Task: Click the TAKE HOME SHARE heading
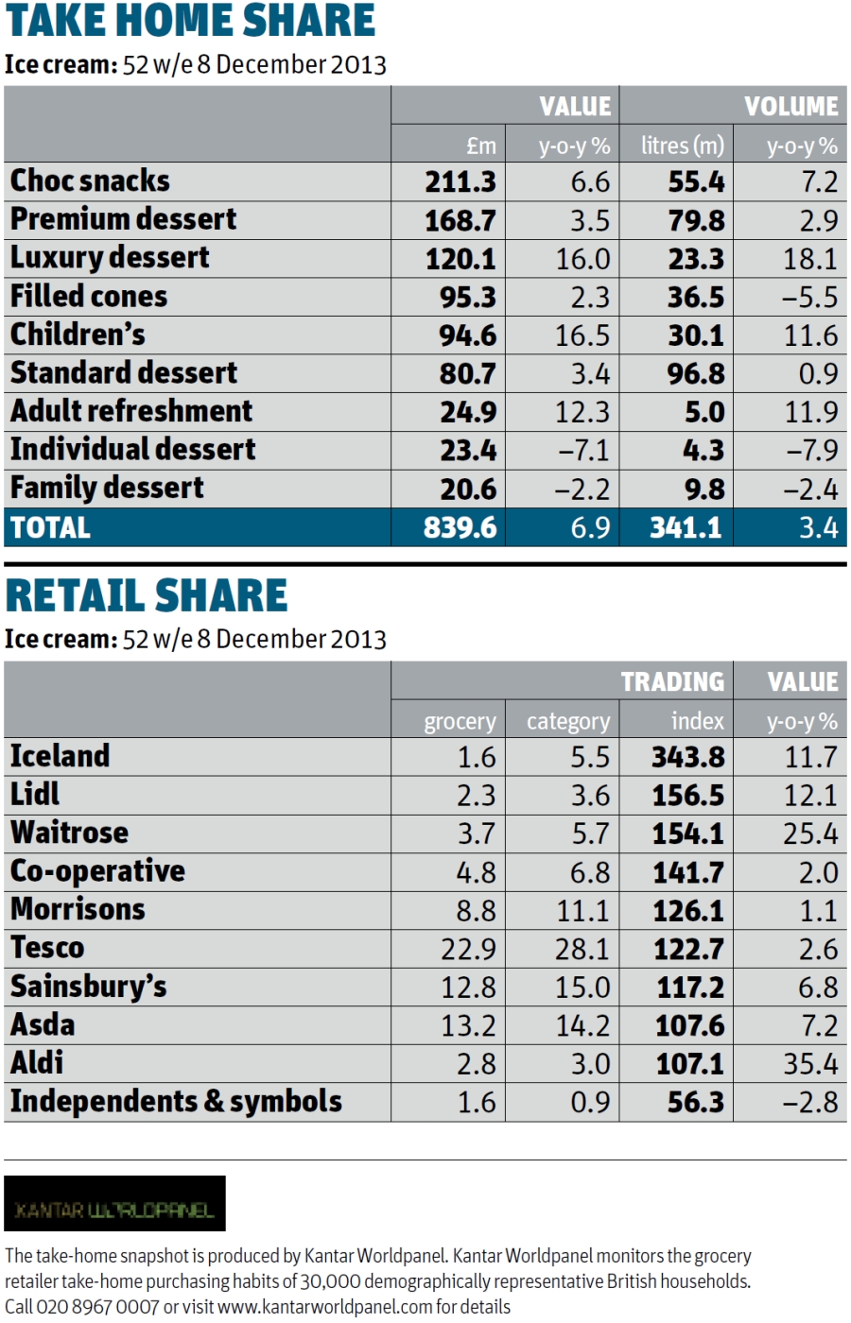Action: (190, 22)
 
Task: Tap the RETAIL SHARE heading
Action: (147, 595)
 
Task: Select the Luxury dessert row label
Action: (110, 258)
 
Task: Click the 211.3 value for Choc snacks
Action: (460, 181)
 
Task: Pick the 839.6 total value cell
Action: (460, 527)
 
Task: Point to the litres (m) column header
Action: (682, 146)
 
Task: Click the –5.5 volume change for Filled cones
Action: (809, 297)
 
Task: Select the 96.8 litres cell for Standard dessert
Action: (696, 373)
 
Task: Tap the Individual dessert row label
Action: (132, 450)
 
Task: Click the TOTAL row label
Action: (50, 527)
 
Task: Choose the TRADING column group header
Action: (672, 681)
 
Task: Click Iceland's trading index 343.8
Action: (687, 757)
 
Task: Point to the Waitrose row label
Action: (69, 833)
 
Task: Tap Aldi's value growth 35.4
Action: (810, 1064)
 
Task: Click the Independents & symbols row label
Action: (176, 1102)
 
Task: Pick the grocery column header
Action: (460, 721)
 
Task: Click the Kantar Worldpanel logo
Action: (114, 1204)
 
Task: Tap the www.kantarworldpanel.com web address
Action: (324, 1307)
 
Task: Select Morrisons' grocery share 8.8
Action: (476, 910)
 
